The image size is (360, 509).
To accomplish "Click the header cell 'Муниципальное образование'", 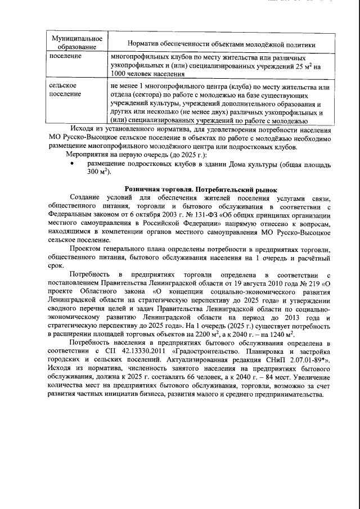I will pyautogui.click(x=72, y=42).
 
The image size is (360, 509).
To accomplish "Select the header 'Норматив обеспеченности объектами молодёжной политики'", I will pyautogui.click(x=221, y=44).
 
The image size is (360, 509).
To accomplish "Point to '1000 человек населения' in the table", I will pyautogui.click(x=148, y=74).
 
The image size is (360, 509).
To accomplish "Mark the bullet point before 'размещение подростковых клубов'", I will pyautogui.click(x=72, y=164).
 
